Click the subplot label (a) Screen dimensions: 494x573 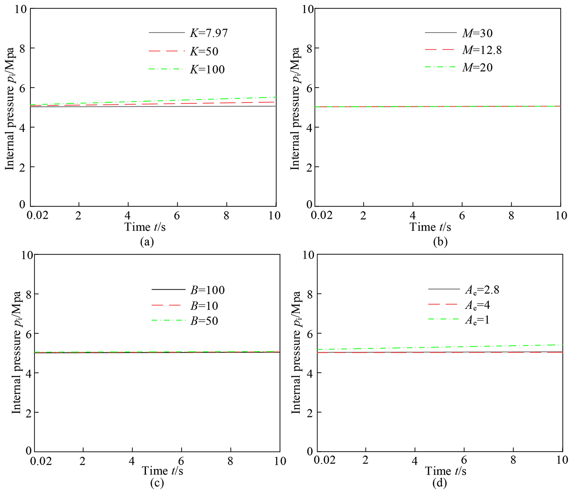147,242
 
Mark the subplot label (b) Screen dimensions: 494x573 440,242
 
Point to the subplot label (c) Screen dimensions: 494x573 157,483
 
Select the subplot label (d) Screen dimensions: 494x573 440,483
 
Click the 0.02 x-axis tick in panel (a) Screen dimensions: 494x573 37,215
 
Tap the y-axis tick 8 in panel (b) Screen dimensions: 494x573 309,49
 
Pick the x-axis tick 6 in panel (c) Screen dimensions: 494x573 181,461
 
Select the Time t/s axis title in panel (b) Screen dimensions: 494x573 430,227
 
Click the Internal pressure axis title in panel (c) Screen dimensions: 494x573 16,353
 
